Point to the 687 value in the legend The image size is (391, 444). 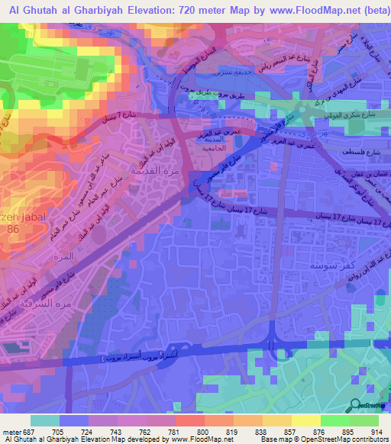coord(28,431)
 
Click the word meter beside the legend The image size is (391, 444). coord(11,431)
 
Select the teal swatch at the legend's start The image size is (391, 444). coord(45,420)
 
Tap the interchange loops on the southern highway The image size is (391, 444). coord(273,345)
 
